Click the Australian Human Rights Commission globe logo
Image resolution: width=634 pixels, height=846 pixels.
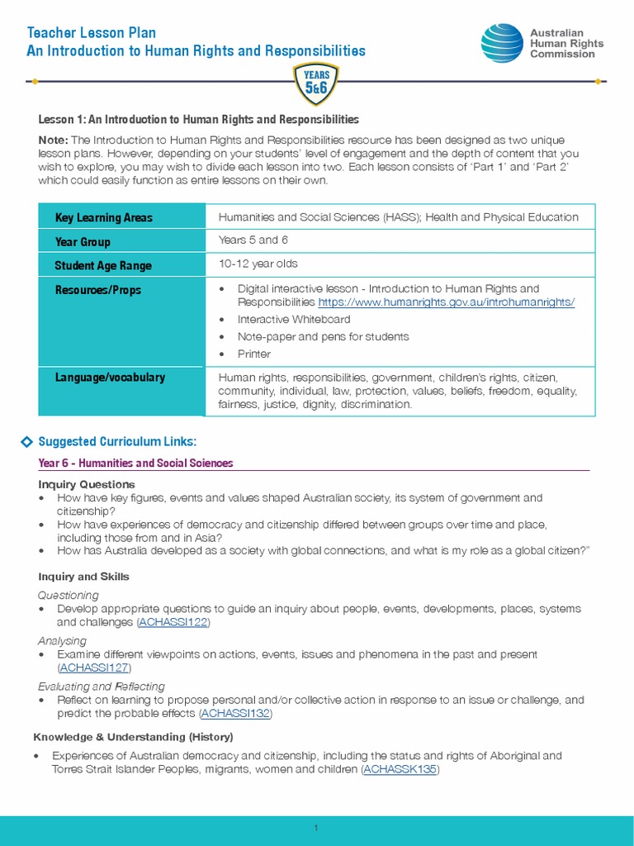pos(502,43)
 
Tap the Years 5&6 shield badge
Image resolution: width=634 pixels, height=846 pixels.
pos(316,83)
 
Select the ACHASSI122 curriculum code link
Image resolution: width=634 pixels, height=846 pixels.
pos(173,622)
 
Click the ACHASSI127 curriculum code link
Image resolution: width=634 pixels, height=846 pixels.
pos(94,668)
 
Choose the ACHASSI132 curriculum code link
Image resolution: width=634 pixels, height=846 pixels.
pos(234,713)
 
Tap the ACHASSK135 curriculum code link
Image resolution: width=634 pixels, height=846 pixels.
pos(400,769)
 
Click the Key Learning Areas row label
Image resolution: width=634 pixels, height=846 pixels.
pos(103,218)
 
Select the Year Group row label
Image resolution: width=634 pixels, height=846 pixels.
pos(83,242)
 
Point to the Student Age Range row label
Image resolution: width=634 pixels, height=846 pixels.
pos(103,266)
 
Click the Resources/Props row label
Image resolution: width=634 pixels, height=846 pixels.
pos(97,290)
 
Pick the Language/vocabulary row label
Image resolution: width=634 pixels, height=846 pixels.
pos(110,378)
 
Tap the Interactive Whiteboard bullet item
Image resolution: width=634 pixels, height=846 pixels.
pos(294,320)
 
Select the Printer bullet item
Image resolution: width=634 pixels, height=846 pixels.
pos(254,354)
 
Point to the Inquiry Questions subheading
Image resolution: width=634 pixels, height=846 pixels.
pos(87,484)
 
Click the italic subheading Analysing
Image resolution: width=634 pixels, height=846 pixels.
pos(62,641)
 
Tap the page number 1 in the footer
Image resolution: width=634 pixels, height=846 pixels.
pos(316,829)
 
